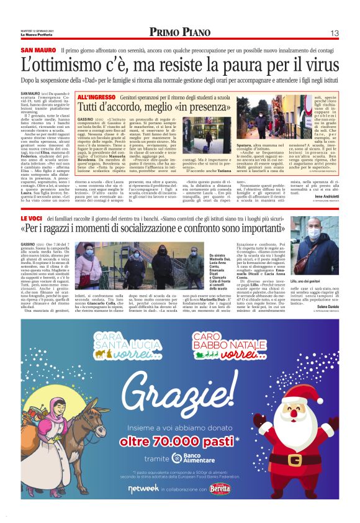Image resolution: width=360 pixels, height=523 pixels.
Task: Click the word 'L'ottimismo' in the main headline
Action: click(x=60, y=65)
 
